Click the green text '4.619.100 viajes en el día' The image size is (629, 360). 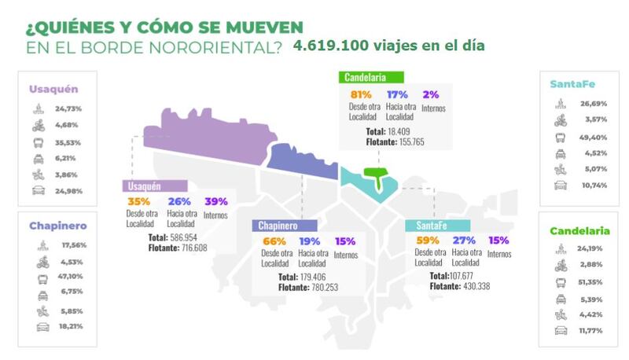[x=388, y=46]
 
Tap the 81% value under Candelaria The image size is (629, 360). [x=360, y=94]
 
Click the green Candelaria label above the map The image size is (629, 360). [x=372, y=77]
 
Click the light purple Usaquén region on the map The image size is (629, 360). [x=204, y=134]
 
